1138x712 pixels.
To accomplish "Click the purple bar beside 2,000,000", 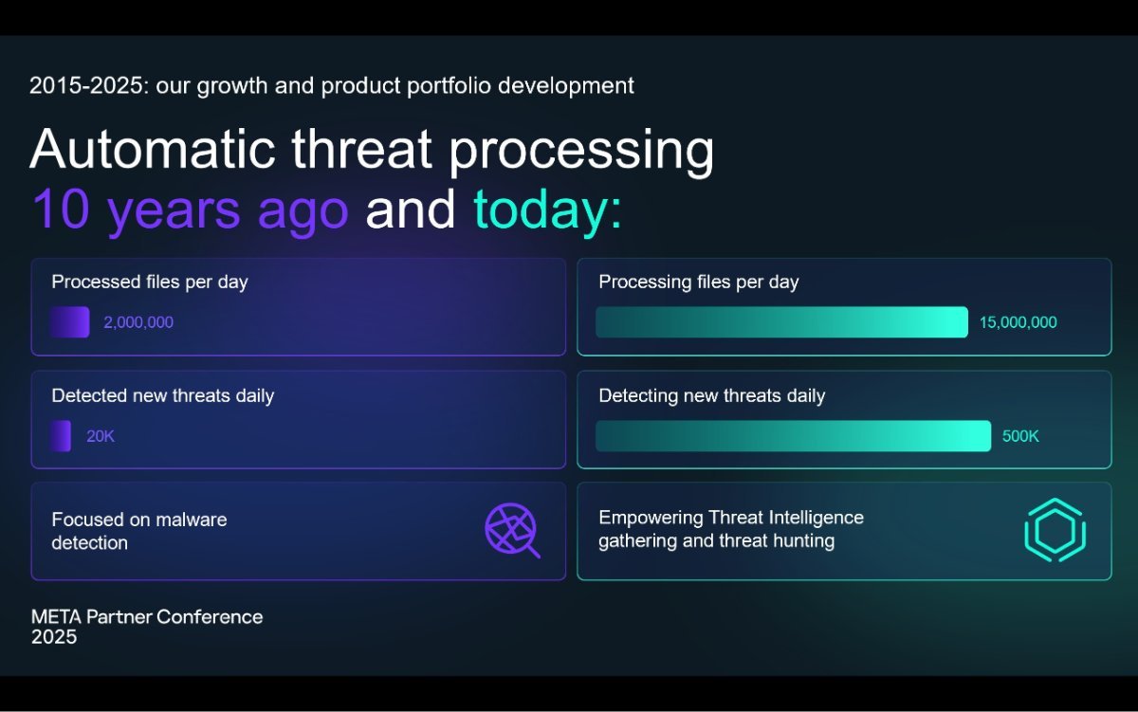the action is pyautogui.click(x=70, y=322).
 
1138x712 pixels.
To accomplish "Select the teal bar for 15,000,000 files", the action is pyautogui.click(x=781, y=322).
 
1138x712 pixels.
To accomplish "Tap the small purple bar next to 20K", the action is pyautogui.click(x=61, y=436).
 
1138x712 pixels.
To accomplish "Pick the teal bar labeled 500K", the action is pyautogui.click(x=793, y=436).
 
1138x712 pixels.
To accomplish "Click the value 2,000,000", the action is pyautogui.click(x=138, y=322).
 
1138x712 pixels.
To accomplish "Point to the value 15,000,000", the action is pyautogui.click(x=1019, y=322).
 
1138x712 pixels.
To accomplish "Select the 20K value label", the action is pyautogui.click(x=101, y=436).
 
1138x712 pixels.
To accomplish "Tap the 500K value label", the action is pyautogui.click(x=1020, y=436).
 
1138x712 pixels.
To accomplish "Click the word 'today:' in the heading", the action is pyautogui.click(x=548, y=210).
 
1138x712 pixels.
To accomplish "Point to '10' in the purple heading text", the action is pyautogui.click(x=61, y=209).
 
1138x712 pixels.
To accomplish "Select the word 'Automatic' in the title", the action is pyautogui.click(x=153, y=149).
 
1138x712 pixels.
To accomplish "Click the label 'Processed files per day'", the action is pyautogui.click(x=150, y=282).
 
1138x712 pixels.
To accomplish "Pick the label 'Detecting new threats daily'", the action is pyautogui.click(x=712, y=395).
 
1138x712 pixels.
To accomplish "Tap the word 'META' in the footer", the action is pyautogui.click(x=56, y=617).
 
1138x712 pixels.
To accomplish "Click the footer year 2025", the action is pyautogui.click(x=54, y=637).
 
